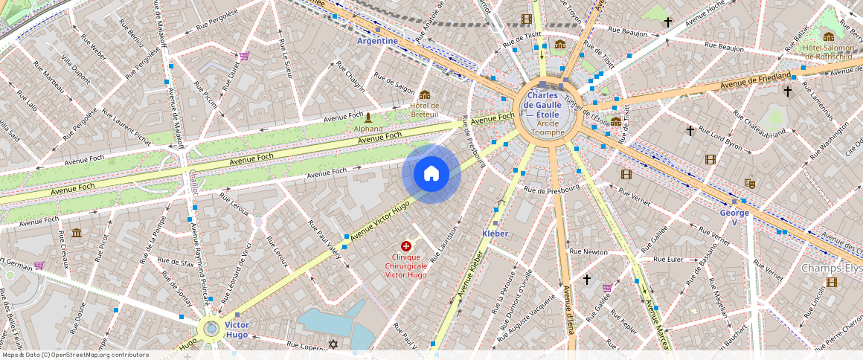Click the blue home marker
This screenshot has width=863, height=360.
coord(431,174)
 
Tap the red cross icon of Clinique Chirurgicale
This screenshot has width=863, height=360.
coord(406,245)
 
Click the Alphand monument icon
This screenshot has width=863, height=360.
coord(368,118)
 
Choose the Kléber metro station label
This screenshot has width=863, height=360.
coord(495,234)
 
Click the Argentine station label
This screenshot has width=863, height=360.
coord(377,41)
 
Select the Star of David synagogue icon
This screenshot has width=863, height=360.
coord(333,344)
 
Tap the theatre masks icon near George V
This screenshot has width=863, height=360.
coord(750,182)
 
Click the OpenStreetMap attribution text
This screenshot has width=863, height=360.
coord(75,355)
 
